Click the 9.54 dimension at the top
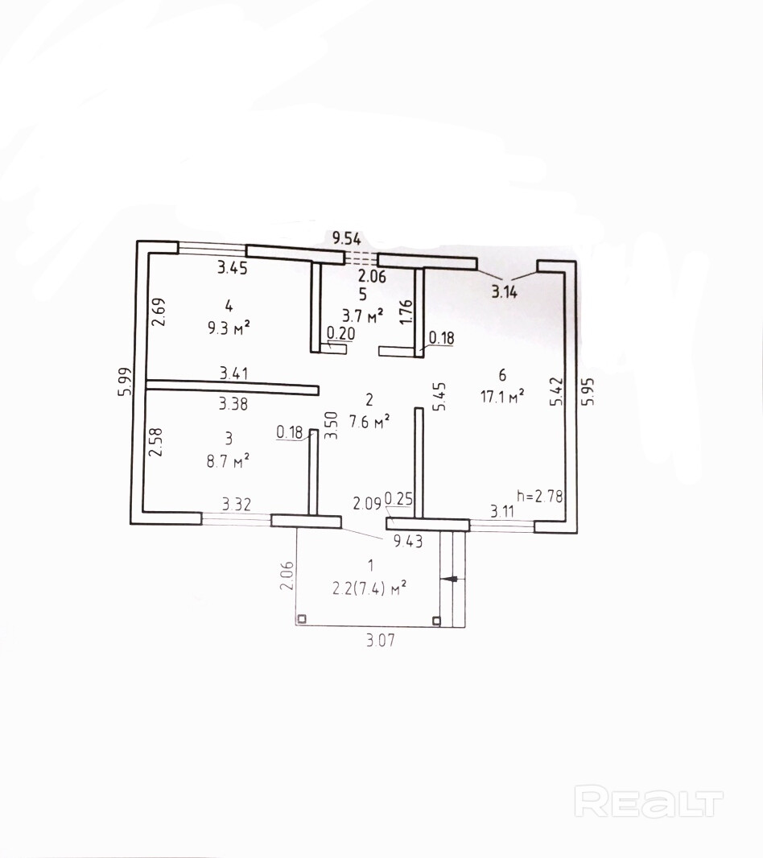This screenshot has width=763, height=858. pyautogui.click(x=347, y=237)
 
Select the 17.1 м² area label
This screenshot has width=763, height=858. pyautogui.click(x=502, y=394)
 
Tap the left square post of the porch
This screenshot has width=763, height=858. pyautogui.click(x=301, y=620)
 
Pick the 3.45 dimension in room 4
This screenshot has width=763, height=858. pyautogui.click(x=232, y=269)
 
